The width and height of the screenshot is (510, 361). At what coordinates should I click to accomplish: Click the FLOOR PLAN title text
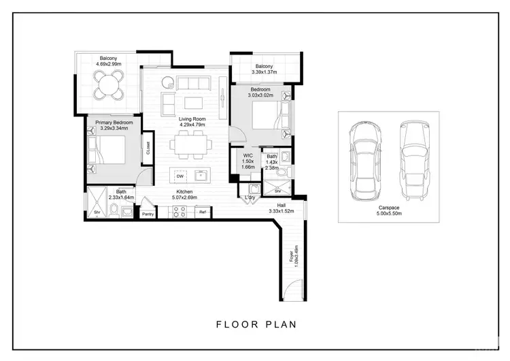pos(256,324)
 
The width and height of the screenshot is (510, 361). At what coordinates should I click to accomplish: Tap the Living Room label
pos(192,121)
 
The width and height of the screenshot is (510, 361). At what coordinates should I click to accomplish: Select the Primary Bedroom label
pos(114,125)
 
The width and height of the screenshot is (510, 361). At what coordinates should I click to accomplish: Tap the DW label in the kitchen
pos(180,176)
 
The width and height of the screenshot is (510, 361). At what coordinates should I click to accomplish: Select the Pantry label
pos(148,215)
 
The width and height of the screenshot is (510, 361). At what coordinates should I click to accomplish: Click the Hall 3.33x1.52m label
pos(281,208)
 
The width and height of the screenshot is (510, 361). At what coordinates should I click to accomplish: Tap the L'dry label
pos(250,198)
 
